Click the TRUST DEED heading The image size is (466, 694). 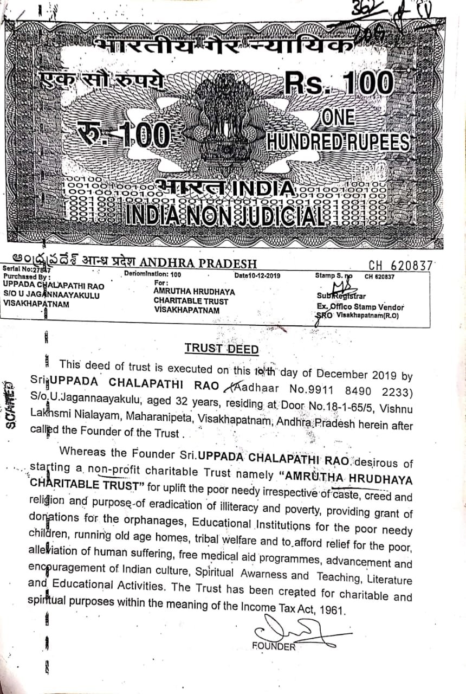tap(222, 348)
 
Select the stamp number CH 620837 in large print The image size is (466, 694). tap(400, 265)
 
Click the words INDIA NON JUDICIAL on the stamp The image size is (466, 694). tap(225, 216)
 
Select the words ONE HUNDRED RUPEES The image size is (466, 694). tap(337, 131)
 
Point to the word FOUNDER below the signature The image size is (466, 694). tap(274, 646)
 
